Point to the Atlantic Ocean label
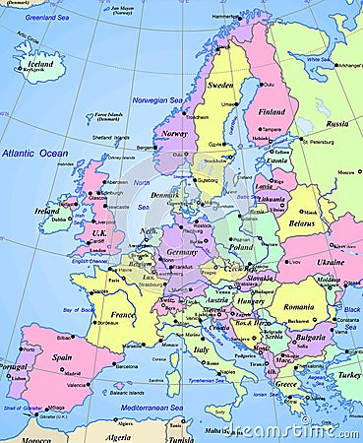coord(34,154)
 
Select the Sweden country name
coord(219,86)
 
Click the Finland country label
coord(271,111)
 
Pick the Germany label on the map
coord(182,252)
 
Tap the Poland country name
coord(241,247)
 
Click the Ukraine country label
coord(329,263)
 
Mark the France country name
coord(122,316)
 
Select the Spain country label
coord(62,357)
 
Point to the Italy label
coord(200,348)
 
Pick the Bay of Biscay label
coord(79,310)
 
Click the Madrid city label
coord(71,374)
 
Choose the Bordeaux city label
coord(108,323)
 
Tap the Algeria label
coord(118,436)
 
